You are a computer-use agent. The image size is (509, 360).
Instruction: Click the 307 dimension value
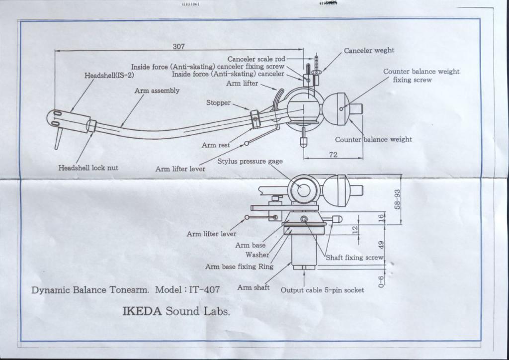[178, 46]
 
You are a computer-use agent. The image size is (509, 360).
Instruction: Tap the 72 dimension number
[333, 155]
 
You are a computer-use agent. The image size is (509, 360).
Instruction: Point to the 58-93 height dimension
[397, 199]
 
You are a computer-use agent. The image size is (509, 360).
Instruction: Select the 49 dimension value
[382, 245]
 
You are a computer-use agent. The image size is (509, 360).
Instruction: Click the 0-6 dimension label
[382, 282]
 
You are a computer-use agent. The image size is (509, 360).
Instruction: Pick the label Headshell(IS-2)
[109, 76]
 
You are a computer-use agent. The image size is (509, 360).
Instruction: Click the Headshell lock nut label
[88, 168]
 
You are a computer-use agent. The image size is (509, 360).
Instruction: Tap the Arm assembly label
[157, 91]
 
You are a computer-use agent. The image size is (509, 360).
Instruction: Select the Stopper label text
[218, 102]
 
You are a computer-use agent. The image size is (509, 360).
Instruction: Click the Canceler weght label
[369, 50]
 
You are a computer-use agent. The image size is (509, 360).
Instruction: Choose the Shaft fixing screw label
[354, 258]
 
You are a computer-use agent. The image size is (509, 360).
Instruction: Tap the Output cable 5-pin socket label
[322, 290]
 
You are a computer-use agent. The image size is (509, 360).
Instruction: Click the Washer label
[257, 255]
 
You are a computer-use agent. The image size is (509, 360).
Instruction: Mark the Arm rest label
[215, 145]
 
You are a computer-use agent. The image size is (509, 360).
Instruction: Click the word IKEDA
[143, 312]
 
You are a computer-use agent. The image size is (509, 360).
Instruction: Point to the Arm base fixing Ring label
[239, 267]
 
